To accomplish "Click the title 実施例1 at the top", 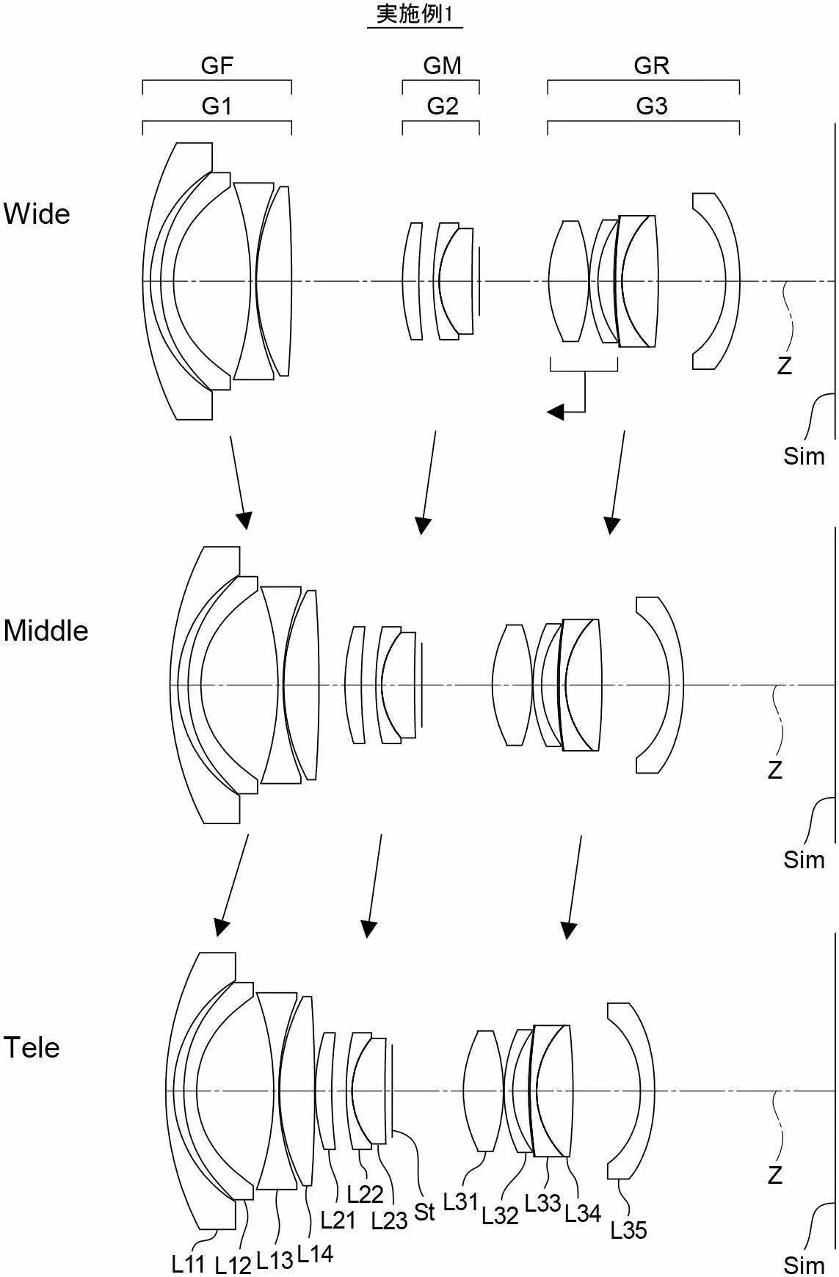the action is (x=415, y=14).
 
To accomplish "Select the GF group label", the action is (x=217, y=66).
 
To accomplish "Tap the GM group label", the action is (x=442, y=66).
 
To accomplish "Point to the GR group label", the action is (x=652, y=66).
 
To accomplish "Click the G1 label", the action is (x=217, y=106).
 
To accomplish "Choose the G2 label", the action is (x=443, y=106).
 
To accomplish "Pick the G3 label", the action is (x=652, y=106).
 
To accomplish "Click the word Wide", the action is (x=37, y=214).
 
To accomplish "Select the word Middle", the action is (x=46, y=630).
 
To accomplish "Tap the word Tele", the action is (x=32, y=1047).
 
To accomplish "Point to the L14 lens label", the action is (x=316, y=1254).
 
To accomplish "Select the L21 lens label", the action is (x=338, y=1220).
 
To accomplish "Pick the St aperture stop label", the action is (x=425, y=1212).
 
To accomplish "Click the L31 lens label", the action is (x=461, y=1201).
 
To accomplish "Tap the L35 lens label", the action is (x=629, y=1230).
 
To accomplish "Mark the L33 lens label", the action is (x=543, y=1203).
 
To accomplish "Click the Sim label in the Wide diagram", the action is (x=805, y=456).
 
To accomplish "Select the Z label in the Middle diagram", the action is (x=775, y=770).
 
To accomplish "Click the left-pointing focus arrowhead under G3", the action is (x=556, y=412).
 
